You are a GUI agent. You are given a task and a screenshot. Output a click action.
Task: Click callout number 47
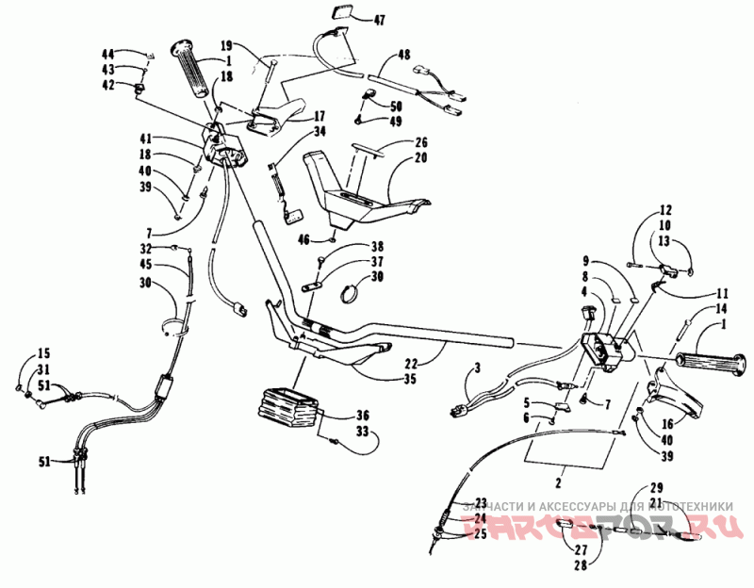380,20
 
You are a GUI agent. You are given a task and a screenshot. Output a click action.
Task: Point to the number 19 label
226,44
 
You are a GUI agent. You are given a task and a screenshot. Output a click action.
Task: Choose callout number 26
420,143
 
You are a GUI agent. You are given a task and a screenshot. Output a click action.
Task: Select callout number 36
362,415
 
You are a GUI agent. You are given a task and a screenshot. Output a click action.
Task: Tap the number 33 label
362,432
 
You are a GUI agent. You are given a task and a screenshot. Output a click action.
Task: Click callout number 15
43,353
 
